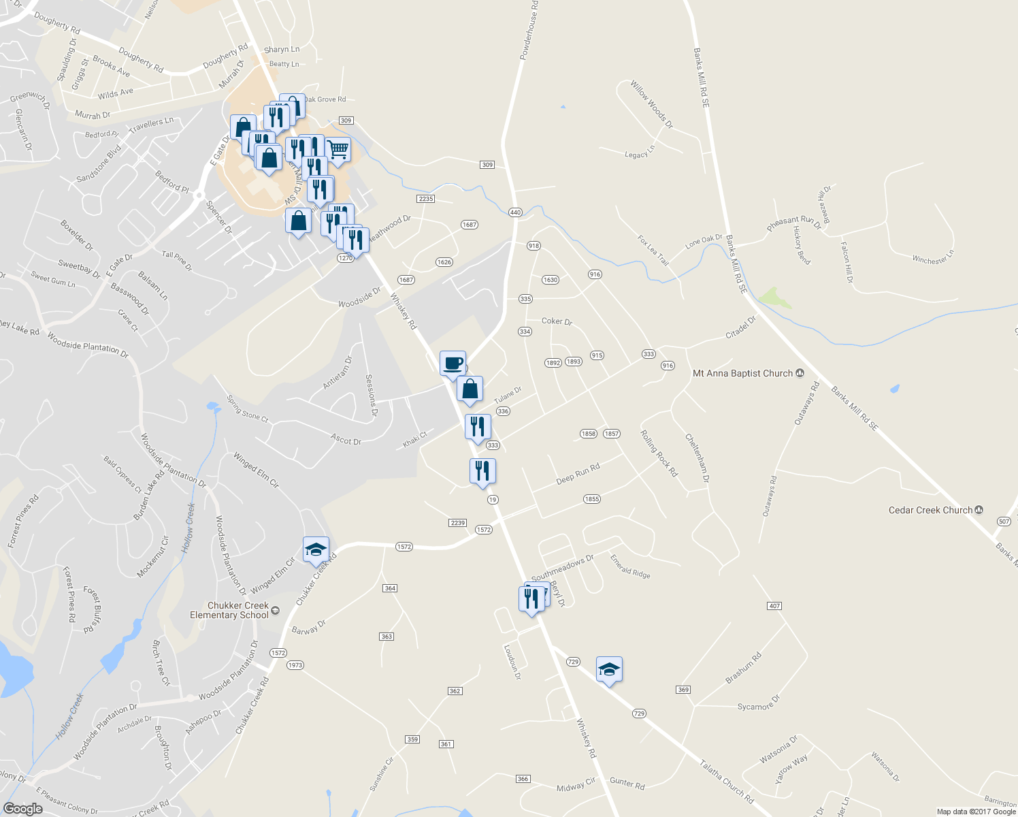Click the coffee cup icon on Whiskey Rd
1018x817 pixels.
coord(453,364)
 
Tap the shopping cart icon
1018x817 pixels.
coord(338,150)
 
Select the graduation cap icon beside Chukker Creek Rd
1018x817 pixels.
coord(316,549)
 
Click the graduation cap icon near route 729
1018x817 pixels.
coord(609,669)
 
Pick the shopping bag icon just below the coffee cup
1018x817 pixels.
coord(470,389)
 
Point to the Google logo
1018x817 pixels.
coord(22,808)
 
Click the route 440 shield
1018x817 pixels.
coord(515,212)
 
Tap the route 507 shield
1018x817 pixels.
coord(1004,522)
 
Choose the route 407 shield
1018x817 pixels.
coord(774,606)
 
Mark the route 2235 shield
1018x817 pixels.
coord(426,199)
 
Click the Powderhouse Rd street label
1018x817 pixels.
coord(529,31)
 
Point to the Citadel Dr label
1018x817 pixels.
coord(740,327)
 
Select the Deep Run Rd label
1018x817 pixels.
coord(578,474)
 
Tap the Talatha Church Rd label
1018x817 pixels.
coord(726,782)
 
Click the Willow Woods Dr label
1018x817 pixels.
coord(651,104)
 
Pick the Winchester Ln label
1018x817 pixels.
coord(933,257)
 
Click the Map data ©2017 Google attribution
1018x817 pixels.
coord(976,812)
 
